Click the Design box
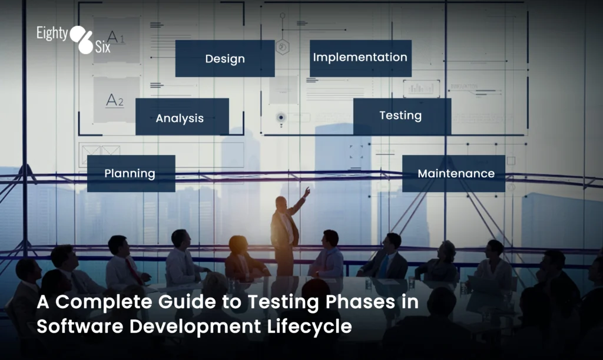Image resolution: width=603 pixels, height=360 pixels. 225,58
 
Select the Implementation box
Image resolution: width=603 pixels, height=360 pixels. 360,58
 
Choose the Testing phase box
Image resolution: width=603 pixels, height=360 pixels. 402,116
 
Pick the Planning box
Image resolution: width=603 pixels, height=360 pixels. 131,173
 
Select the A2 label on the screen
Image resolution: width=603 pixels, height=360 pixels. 115,100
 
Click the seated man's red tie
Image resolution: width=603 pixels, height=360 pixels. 134,270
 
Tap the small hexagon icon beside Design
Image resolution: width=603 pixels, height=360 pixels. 283,47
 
